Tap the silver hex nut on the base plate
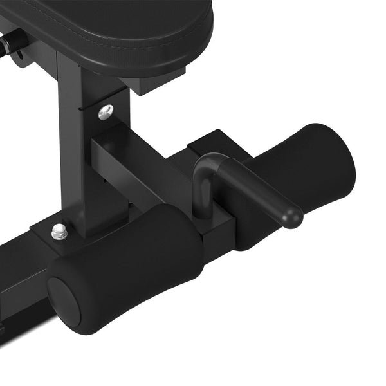click(x=60, y=231)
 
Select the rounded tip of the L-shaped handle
click(x=293, y=217)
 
